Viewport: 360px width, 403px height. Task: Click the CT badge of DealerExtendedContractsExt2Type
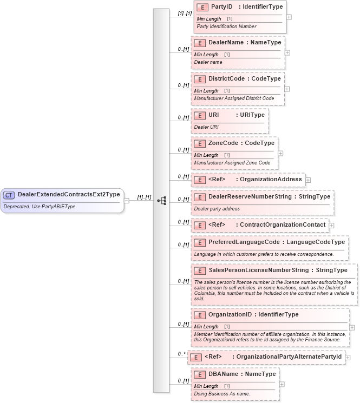(9, 195)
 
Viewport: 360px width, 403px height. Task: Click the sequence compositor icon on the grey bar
(161, 200)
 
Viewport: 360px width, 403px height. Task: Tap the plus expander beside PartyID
(289, 16)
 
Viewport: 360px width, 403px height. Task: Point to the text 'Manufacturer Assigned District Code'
(234, 98)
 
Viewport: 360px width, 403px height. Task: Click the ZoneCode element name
(222, 143)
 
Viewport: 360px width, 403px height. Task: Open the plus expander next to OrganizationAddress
(307, 179)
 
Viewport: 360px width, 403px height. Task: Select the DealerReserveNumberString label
(250, 196)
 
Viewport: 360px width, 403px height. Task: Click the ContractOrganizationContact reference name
(283, 224)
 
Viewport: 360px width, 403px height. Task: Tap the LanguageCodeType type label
(316, 242)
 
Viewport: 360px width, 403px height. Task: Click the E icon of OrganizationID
(200, 314)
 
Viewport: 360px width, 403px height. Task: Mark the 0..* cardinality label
(182, 354)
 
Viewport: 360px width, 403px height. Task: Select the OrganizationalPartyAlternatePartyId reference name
(287, 357)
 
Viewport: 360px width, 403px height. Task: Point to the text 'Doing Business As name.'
(222, 393)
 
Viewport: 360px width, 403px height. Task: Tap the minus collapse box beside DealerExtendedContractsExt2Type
(126, 200)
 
